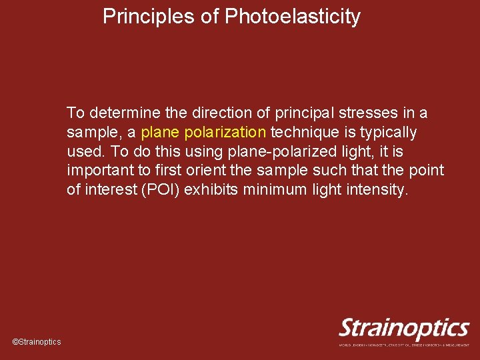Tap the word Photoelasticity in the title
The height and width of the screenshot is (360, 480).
(x=293, y=17)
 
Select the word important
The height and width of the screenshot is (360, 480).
(x=99, y=171)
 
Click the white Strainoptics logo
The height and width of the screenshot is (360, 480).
(x=404, y=328)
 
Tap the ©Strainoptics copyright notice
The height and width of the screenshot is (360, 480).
(x=37, y=342)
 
